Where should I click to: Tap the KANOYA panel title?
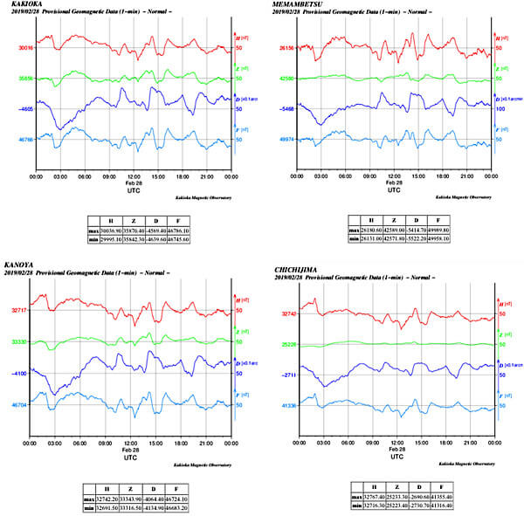pyautogui.click(x=20, y=265)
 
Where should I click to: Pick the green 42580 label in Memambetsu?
pyautogui.click(x=286, y=79)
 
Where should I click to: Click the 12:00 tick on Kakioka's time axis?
pyautogui.click(x=132, y=176)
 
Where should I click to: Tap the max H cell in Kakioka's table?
pyautogui.click(x=110, y=230)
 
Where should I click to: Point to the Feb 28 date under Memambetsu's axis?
pyautogui.click(x=392, y=183)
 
